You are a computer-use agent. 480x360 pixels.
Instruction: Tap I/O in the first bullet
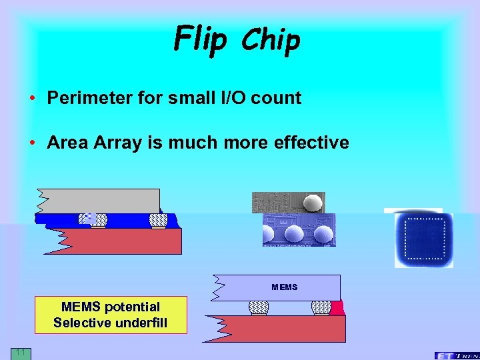point(235,98)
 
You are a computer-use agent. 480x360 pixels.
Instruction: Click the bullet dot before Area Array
point(32,143)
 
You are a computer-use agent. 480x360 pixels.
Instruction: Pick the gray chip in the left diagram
point(100,201)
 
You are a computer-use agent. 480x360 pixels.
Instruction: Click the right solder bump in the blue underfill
point(158,220)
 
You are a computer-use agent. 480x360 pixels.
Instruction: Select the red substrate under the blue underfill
point(120,241)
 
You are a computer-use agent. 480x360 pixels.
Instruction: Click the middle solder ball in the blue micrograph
point(295,233)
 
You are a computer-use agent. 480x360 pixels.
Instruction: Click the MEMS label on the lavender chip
point(284,287)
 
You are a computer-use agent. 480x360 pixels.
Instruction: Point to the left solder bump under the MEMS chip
point(258,307)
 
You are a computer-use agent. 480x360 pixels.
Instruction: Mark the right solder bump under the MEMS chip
point(321,307)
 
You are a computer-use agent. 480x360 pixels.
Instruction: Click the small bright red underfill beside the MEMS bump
point(337,308)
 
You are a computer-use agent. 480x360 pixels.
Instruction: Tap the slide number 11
point(20,352)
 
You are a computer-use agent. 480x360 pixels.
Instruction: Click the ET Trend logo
point(457,355)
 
